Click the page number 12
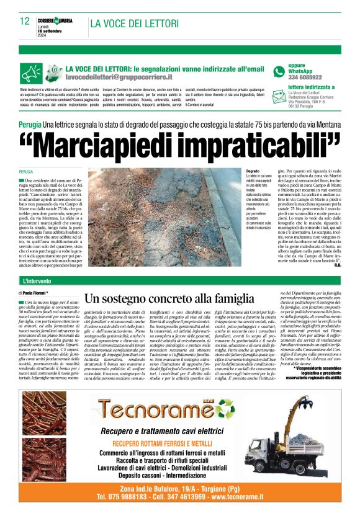point(25,21)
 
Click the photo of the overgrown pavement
point(164,215)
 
